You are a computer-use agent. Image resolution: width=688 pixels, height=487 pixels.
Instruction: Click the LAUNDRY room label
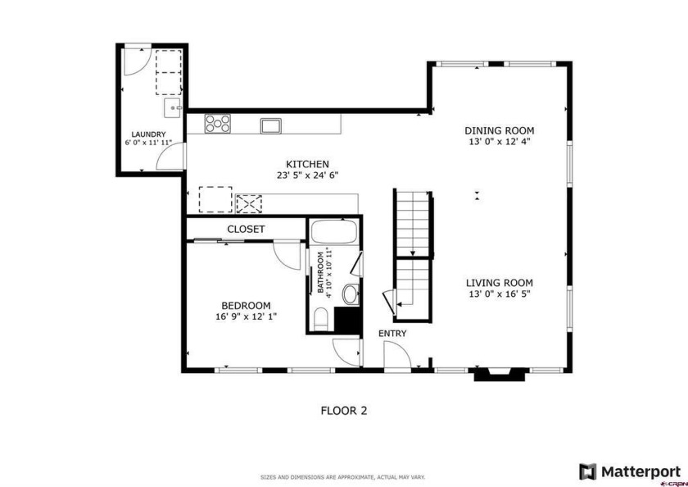pyautogui.click(x=149, y=134)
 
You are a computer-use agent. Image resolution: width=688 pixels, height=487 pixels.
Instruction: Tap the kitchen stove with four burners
pyautogui.click(x=217, y=124)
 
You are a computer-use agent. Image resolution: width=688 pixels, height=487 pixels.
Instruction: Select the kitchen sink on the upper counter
pyautogui.click(x=271, y=125)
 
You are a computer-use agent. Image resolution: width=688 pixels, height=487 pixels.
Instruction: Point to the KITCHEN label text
pyautogui.click(x=307, y=164)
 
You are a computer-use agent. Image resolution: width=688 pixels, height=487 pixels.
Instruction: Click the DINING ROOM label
pyautogui.click(x=500, y=130)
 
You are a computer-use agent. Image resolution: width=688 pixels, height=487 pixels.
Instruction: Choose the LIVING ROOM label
pyautogui.click(x=500, y=283)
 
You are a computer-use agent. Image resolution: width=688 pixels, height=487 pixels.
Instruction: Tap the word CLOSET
pyautogui.click(x=246, y=230)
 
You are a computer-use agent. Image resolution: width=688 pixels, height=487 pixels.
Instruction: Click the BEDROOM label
pyautogui.click(x=246, y=306)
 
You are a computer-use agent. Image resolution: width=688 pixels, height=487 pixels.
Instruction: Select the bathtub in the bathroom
pyautogui.click(x=334, y=232)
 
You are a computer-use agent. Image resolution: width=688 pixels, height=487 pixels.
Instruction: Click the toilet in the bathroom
pyautogui.click(x=321, y=319)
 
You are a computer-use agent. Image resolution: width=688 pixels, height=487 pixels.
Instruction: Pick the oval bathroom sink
pyautogui.click(x=351, y=294)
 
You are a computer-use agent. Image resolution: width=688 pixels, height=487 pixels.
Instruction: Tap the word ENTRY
pyautogui.click(x=392, y=334)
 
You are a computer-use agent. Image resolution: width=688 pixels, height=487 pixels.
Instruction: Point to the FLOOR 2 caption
pyautogui.click(x=344, y=411)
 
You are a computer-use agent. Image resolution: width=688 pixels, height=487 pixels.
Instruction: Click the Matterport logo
pyautogui.click(x=630, y=472)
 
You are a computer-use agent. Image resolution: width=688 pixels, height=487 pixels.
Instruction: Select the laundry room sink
pyautogui.click(x=173, y=108)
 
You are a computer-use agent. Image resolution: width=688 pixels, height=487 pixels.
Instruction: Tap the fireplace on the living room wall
pyautogui.click(x=500, y=375)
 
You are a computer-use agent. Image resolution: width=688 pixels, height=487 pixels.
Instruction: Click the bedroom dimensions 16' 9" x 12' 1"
pyautogui.click(x=246, y=316)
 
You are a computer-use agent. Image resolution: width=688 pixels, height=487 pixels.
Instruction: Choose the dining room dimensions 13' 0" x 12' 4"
pyautogui.click(x=500, y=142)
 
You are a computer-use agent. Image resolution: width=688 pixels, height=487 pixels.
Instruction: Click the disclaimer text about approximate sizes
pyautogui.click(x=342, y=477)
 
